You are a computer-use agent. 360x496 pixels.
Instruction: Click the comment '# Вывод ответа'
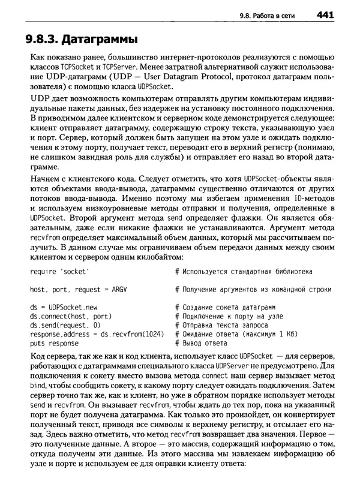(x=201, y=343)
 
